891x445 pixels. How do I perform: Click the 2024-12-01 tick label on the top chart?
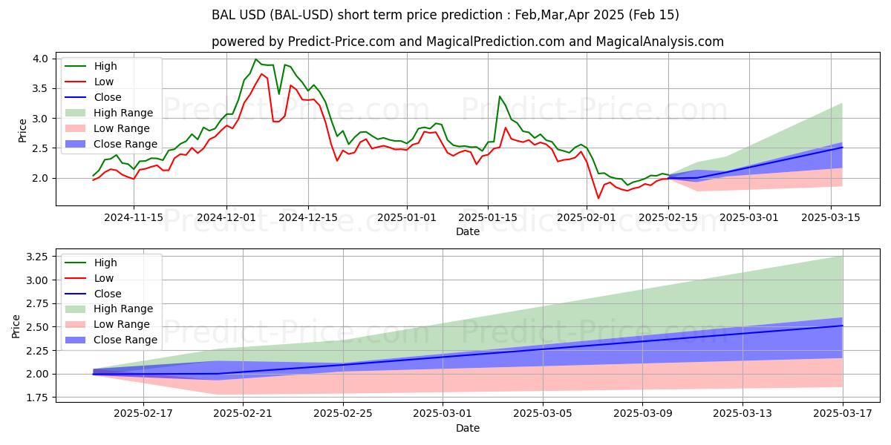pyautogui.click(x=226, y=217)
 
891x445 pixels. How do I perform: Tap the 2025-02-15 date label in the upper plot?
pyautogui.click(x=668, y=217)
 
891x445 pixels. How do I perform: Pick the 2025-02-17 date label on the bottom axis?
pyautogui.click(x=143, y=414)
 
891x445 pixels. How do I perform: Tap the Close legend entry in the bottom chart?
pyautogui.click(x=108, y=294)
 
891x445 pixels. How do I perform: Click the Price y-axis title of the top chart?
pyautogui.click(x=22, y=131)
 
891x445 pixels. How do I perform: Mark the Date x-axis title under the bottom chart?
pyautogui.click(x=468, y=428)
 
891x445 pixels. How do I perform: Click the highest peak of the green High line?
pyautogui.click(x=255, y=59)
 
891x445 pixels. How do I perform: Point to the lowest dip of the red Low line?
pyautogui.click(x=598, y=198)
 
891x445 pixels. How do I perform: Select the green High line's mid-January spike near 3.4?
pyautogui.click(x=499, y=96)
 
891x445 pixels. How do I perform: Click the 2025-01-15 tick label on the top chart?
pyautogui.click(x=487, y=217)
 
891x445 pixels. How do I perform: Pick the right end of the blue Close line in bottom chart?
pyautogui.click(x=842, y=326)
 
